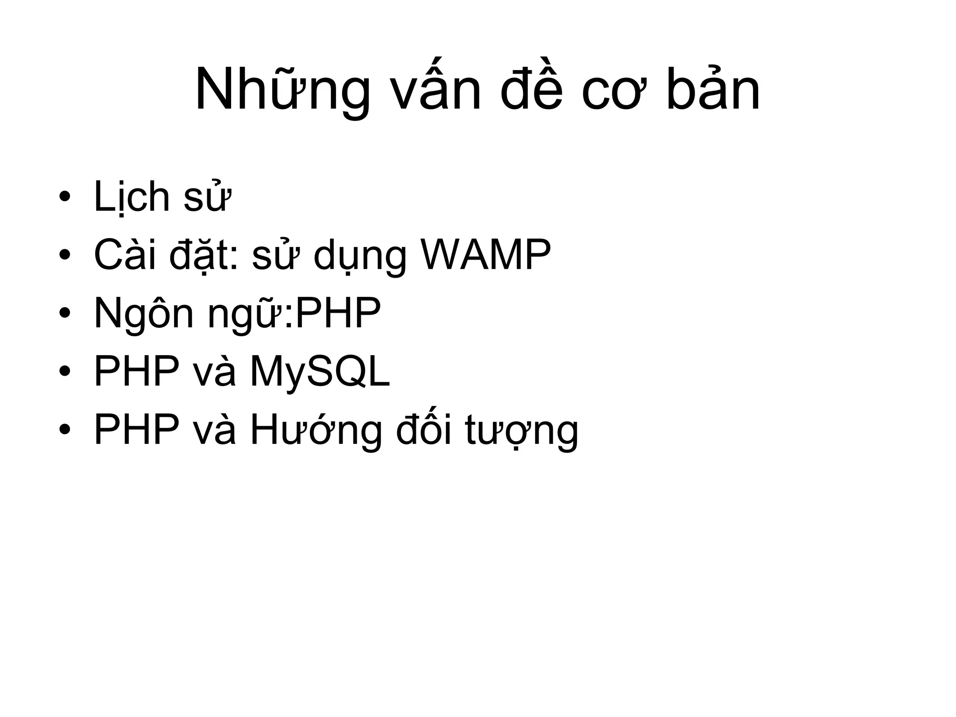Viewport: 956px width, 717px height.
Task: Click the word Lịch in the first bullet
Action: (x=132, y=197)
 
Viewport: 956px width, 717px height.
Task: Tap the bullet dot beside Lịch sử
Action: (x=65, y=197)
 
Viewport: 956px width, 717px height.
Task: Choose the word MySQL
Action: (x=320, y=373)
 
